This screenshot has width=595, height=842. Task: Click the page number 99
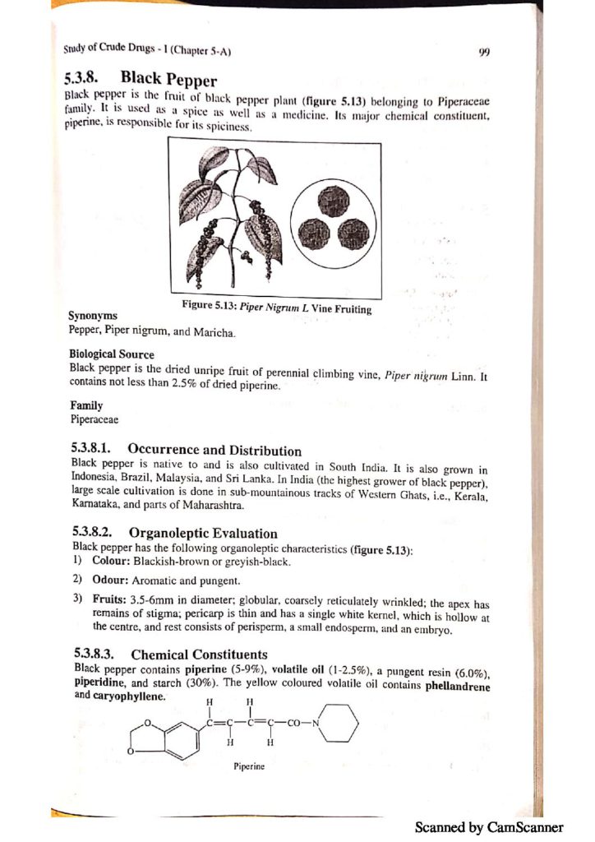(x=484, y=51)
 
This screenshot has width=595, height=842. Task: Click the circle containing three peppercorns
(x=334, y=220)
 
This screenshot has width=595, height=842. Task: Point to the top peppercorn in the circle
(x=334, y=198)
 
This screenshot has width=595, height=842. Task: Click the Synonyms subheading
(x=92, y=316)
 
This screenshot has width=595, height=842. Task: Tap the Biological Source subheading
(x=112, y=354)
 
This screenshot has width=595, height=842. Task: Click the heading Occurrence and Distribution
(x=214, y=450)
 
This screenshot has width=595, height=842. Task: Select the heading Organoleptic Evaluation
(x=203, y=534)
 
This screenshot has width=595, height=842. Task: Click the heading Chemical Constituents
(x=201, y=655)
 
